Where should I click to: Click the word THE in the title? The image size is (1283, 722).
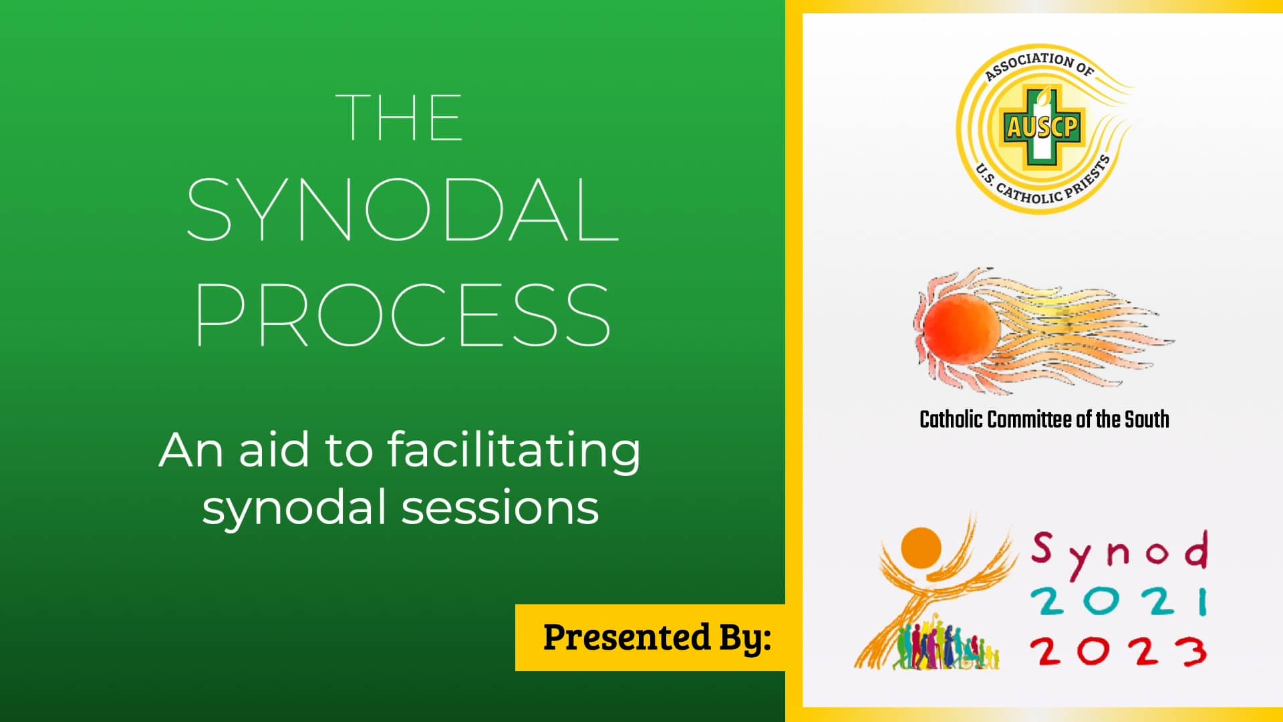[399, 118]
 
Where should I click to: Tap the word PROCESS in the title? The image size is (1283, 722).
[403, 314]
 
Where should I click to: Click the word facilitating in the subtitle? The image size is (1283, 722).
[513, 451]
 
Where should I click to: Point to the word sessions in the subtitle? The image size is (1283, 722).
[500, 508]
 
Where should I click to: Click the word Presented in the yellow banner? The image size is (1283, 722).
[626, 637]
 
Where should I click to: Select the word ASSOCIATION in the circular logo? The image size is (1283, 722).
[1029, 64]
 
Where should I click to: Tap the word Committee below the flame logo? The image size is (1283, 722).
[1029, 420]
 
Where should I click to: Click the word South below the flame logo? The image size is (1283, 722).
[1147, 420]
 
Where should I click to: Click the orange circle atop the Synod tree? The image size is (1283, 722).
[921, 547]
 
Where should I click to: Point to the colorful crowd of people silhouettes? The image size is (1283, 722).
[946, 646]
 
